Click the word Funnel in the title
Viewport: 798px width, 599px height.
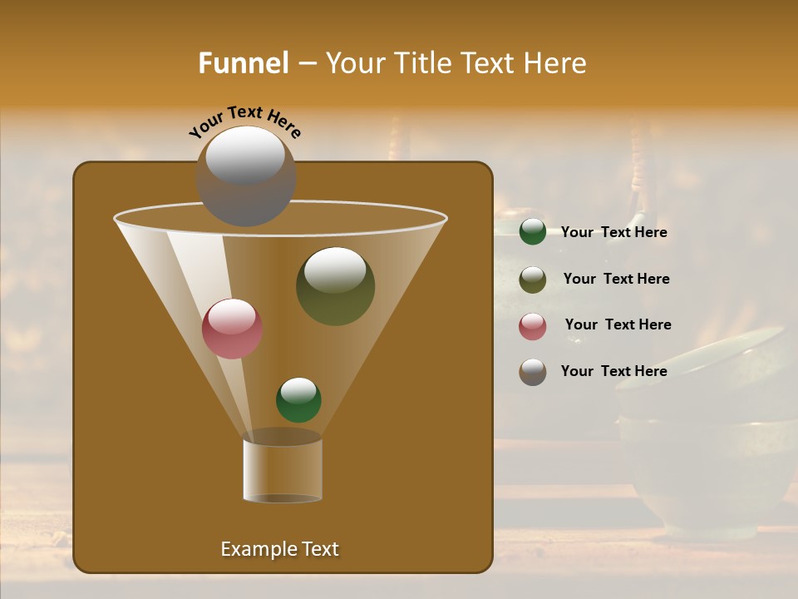[x=244, y=63]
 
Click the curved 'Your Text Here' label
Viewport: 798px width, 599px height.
[x=244, y=121]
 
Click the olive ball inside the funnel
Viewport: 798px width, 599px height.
[x=335, y=287]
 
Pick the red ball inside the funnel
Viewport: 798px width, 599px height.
[x=232, y=329]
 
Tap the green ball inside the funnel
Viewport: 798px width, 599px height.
[x=298, y=400]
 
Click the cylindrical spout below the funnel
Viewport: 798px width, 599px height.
[x=282, y=468]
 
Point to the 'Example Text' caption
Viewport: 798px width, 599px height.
[x=279, y=549]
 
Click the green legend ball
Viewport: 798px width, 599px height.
[x=533, y=232]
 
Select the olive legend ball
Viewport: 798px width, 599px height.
[x=533, y=280]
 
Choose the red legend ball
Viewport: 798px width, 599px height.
[x=533, y=326]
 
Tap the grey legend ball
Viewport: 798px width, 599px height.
[x=533, y=372]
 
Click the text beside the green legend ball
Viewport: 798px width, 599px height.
[x=613, y=233]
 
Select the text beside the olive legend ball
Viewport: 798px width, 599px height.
[x=616, y=280]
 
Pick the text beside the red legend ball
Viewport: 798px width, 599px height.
[x=618, y=325]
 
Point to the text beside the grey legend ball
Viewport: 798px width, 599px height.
[x=613, y=371]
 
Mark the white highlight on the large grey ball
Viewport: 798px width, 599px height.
[x=245, y=156]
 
